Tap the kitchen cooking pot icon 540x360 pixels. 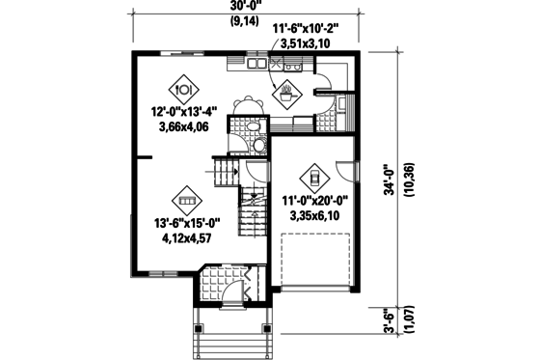[x=287, y=95]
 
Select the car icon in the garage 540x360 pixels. [x=315, y=179]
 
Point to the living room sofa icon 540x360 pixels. [x=183, y=202]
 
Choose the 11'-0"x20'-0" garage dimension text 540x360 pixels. [x=314, y=202]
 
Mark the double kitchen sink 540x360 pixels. [x=256, y=65]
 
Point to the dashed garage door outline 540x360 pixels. [x=314, y=261]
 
